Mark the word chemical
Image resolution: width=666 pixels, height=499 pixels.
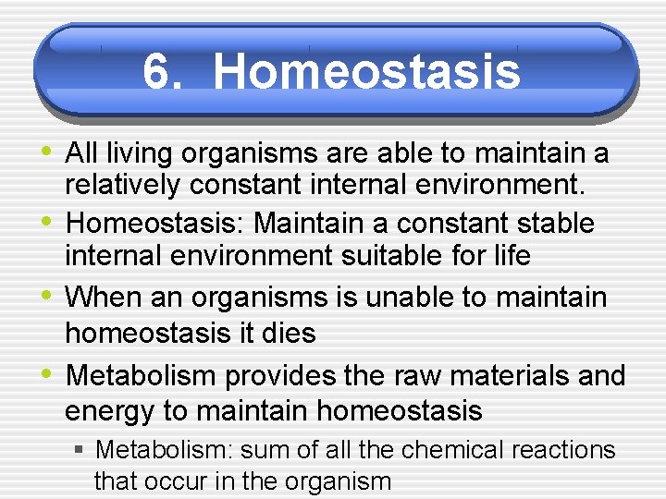(455, 450)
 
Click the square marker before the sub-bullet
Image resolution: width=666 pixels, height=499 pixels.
(80, 450)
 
